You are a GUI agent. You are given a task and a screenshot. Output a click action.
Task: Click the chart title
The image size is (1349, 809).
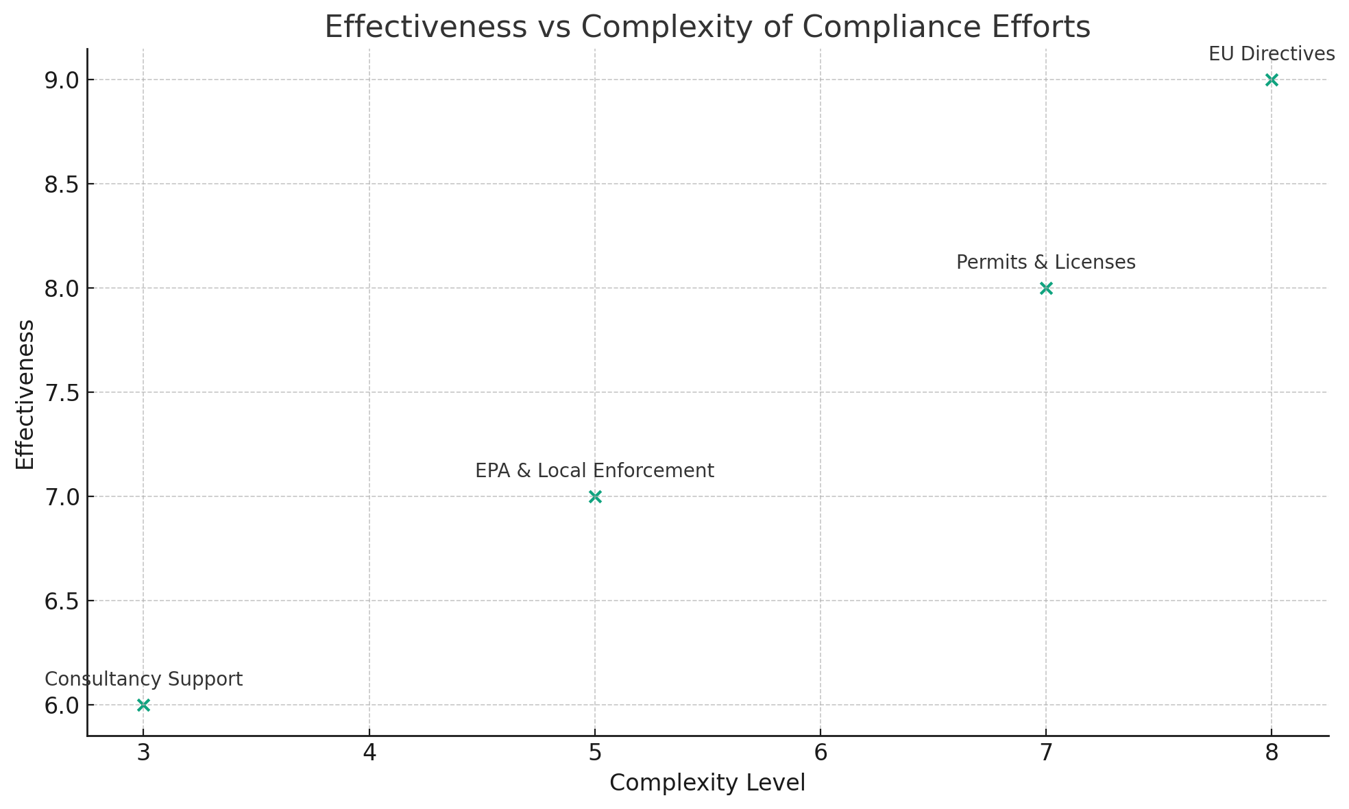point(707,27)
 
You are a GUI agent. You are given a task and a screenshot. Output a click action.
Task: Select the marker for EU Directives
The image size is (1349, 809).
point(1272,80)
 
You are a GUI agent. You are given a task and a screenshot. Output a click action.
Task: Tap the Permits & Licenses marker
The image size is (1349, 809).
point(1046,289)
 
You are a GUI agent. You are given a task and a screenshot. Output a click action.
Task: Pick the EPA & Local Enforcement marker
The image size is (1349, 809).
point(595,497)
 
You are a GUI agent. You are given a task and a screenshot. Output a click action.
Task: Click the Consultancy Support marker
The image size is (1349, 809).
point(143,705)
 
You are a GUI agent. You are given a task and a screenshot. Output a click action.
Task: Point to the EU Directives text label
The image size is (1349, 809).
point(1272,54)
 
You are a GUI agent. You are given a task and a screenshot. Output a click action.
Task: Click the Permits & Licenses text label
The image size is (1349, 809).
point(1046,263)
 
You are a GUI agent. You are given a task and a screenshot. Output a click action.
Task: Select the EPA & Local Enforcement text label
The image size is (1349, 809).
point(595,471)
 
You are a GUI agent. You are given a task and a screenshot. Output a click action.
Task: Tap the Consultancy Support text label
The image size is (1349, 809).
point(144,679)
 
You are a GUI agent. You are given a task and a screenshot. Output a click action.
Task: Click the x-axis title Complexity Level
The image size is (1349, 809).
point(707,783)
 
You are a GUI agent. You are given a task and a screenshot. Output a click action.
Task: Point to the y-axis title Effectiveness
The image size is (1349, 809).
point(25,394)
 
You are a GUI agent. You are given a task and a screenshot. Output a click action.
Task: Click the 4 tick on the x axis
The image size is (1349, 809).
point(369,753)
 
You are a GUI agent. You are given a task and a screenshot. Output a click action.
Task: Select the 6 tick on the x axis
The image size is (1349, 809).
point(821,753)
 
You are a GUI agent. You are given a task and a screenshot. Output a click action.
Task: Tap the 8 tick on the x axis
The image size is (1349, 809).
point(1272,753)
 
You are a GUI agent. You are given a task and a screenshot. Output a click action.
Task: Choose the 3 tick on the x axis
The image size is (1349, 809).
point(143,753)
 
